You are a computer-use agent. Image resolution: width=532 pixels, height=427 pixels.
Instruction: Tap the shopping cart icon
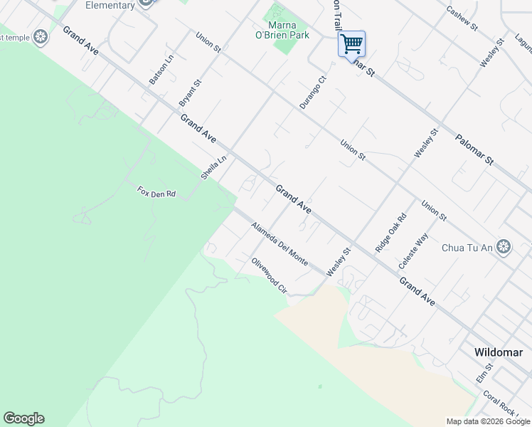351,44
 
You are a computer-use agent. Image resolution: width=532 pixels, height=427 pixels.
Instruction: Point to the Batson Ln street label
161,70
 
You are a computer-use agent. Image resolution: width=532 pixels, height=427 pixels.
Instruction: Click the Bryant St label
191,93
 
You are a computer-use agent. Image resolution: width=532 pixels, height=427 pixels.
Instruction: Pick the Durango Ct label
312,93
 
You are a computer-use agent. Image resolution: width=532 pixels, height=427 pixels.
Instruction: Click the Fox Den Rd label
156,192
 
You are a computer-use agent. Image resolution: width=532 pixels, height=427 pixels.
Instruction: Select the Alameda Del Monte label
280,244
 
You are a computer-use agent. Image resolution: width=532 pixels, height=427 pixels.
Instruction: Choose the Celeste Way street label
413,251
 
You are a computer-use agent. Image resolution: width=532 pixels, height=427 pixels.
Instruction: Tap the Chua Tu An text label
467,248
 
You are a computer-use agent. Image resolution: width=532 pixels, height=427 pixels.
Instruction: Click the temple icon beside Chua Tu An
504,247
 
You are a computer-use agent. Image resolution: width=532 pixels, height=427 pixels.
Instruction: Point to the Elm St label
485,374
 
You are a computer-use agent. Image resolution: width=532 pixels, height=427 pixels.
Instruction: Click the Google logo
23,418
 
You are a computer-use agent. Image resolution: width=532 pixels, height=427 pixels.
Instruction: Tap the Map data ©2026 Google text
487,421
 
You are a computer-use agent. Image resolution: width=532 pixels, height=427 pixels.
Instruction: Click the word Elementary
110,6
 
